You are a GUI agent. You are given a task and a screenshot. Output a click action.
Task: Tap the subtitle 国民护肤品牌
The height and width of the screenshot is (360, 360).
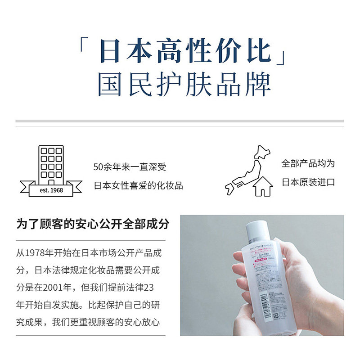click(x=184, y=84)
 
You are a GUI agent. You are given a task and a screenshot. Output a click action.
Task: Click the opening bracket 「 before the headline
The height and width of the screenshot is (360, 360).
click(x=83, y=46)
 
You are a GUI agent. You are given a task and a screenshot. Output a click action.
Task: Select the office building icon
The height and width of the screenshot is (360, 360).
click(x=51, y=164)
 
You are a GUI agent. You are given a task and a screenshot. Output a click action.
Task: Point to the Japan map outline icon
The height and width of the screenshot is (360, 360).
click(x=247, y=169)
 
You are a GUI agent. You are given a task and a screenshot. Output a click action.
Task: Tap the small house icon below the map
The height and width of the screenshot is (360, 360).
click(x=263, y=186)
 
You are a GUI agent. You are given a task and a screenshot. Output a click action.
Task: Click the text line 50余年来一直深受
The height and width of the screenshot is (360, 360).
click(x=130, y=167)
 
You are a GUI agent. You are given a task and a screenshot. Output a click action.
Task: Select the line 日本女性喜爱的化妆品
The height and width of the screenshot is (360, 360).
click(x=138, y=185)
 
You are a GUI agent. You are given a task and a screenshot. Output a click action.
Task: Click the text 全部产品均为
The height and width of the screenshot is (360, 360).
click(x=308, y=163)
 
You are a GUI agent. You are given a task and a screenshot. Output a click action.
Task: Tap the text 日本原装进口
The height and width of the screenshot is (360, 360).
click(x=308, y=182)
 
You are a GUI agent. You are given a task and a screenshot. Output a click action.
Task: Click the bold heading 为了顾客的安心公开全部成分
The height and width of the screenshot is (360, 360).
click(x=93, y=224)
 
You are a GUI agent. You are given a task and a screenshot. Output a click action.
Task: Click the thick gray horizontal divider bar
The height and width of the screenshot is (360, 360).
click(x=180, y=121)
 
